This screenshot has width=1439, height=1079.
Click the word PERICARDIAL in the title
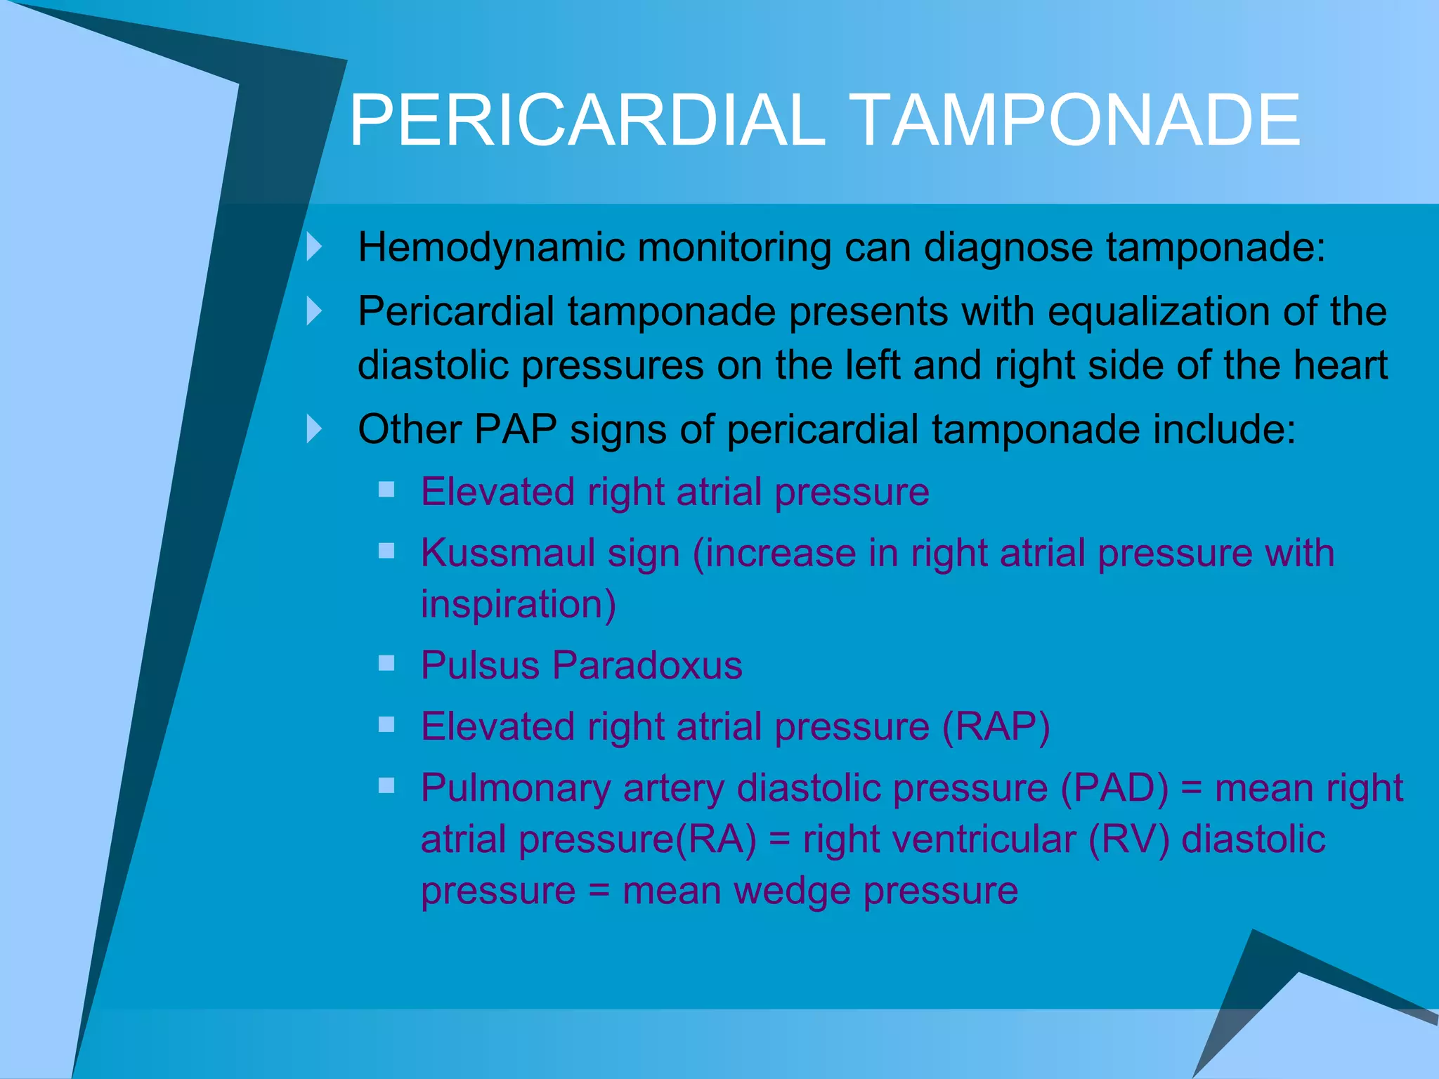pyautogui.click(x=587, y=121)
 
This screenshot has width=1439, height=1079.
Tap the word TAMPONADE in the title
pyautogui.click(x=1076, y=121)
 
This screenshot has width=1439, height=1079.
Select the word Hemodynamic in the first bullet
pyautogui.click(x=491, y=248)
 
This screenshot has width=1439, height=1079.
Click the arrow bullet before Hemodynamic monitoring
pyautogui.click(x=314, y=247)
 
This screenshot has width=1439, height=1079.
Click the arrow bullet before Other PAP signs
pyautogui.click(x=314, y=429)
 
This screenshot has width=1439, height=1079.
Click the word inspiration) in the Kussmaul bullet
pyautogui.click(x=519, y=604)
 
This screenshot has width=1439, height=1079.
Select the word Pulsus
pyautogui.click(x=480, y=665)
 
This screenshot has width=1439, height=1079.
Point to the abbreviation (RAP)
pyautogui.click(x=996, y=726)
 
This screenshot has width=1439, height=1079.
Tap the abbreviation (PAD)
pyautogui.click(x=1114, y=788)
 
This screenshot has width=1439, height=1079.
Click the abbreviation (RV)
pyautogui.click(x=1128, y=839)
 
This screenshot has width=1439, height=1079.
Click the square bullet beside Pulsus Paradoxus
pyautogui.click(x=386, y=663)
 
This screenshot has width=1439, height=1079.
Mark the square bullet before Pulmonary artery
pyautogui.click(x=386, y=785)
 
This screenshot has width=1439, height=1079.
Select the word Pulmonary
pyautogui.click(x=515, y=788)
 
